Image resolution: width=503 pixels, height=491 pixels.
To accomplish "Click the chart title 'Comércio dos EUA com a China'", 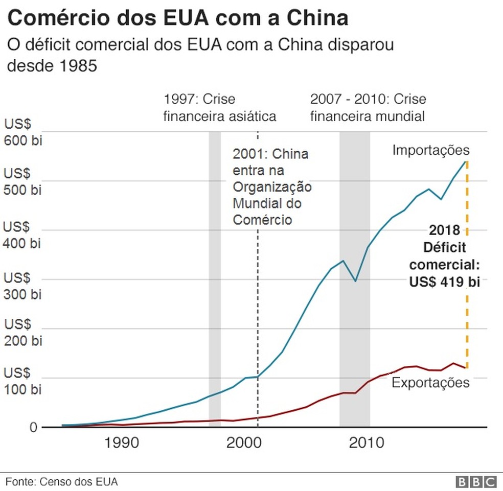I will tap(178, 18).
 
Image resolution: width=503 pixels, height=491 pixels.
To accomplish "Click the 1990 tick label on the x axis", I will tap(122, 442).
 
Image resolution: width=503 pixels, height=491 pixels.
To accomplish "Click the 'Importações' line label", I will tap(430, 150).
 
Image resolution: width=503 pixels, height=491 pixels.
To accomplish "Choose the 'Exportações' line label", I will tap(430, 383).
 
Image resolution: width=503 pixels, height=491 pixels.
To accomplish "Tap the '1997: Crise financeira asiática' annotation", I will tap(219, 107).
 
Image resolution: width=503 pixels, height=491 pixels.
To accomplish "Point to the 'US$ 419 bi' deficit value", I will tap(444, 282).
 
